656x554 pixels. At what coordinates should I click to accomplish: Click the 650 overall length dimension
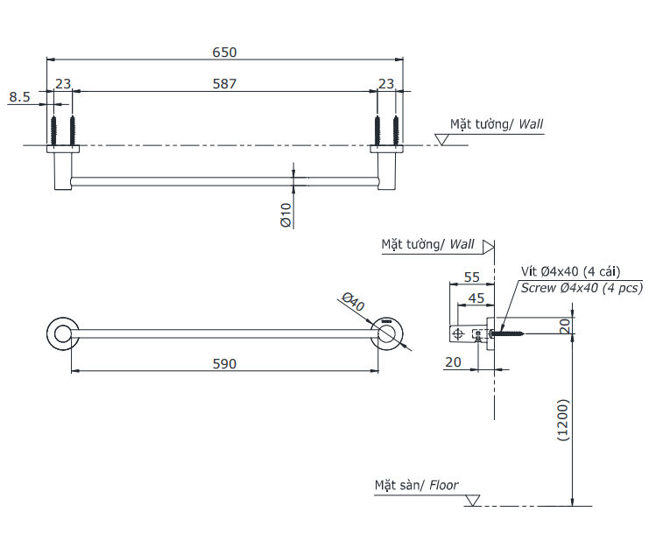[224, 53]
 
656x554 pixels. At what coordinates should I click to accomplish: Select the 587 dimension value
[224, 84]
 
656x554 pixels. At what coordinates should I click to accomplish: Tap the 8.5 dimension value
[19, 97]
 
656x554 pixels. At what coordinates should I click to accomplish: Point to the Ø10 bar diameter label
[286, 214]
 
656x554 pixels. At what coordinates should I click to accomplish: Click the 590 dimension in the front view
[224, 364]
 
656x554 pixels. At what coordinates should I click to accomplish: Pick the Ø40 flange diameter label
[353, 301]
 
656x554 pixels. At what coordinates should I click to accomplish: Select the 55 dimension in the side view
[471, 277]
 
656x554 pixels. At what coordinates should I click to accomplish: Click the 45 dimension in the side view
[476, 298]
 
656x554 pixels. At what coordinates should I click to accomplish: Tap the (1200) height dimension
[563, 420]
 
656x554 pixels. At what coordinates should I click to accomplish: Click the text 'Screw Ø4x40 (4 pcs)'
[582, 288]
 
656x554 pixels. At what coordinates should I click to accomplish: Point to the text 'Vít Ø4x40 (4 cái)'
[571, 272]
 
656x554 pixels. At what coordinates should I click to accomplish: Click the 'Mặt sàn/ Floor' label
[416, 485]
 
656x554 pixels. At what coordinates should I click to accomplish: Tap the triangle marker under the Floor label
[473, 500]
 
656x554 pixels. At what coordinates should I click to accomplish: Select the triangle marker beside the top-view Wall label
[441, 139]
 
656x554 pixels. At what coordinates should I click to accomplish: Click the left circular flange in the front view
[63, 333]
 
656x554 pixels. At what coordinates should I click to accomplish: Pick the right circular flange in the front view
[387, 333]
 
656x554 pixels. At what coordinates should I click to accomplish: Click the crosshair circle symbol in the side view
[458, 333]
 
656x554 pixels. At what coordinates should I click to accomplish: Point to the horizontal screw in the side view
[506, 333]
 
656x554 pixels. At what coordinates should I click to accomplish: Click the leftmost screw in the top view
[53, 131]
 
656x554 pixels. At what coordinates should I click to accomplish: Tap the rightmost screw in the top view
[396, 131]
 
